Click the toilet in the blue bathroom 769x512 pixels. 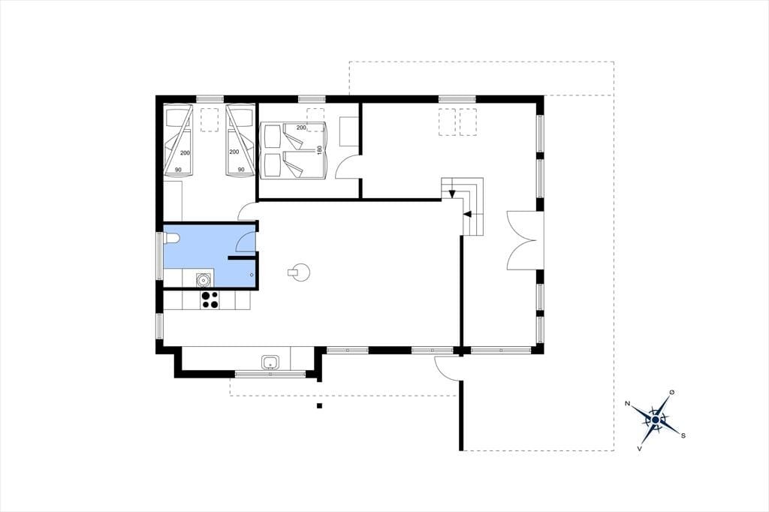click(x=172, y=238)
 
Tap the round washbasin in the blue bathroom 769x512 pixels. click(x=203, y=280)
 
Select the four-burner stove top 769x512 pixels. click(x=210, y=300)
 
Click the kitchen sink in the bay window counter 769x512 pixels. click(x=270, y=363)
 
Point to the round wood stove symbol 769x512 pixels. click(x=299, y=272)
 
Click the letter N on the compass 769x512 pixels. click(x=627, y=404)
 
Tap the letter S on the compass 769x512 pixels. click(x=683, y=435)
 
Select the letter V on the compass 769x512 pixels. click(x=639, y=448)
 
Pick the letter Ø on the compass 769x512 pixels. click(x=671, y=393)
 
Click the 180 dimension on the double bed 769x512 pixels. click(x=318, y=150)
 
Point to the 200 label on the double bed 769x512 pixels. click(x=301, y=128)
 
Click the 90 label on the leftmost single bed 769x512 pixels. click(x=178, y=170)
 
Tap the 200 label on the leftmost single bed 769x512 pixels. click(x=185, y=153)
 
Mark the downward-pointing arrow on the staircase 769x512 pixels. click(x=451, y=193)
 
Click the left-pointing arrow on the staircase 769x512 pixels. click(x=467, y=214)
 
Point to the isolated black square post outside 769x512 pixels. click(x=319, y=405)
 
